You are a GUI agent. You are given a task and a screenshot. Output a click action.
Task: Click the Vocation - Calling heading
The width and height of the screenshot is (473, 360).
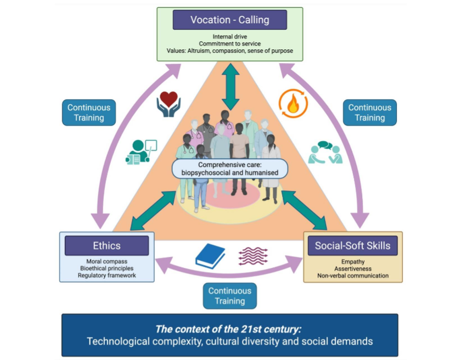[229, 20]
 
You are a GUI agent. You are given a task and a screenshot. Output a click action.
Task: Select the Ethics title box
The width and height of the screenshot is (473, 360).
[106, 246]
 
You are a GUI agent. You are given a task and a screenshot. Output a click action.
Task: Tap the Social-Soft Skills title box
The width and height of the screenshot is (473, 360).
[352, 245]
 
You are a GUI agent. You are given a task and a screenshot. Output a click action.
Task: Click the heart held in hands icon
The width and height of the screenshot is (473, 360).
[168, 104]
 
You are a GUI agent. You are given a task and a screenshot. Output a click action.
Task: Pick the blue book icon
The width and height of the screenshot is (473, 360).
[210, 256]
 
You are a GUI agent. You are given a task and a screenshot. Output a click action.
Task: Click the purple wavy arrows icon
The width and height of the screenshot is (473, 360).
[253, 256]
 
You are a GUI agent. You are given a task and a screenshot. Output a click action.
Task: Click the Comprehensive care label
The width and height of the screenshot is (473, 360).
[230, 168]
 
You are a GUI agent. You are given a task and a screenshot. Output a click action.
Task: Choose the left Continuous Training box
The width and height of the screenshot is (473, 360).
[89, 113]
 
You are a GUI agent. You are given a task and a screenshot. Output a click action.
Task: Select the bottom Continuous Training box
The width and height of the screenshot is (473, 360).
[229, 296]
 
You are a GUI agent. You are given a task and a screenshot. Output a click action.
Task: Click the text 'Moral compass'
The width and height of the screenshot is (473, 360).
[106, 261]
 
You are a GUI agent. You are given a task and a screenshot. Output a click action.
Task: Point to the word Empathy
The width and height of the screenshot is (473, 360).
[352, 262]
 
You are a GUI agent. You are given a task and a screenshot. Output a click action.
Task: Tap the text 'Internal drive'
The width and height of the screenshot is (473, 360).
[229, 36]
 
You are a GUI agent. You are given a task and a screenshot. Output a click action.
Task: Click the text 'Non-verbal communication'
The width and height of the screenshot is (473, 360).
[352, 275]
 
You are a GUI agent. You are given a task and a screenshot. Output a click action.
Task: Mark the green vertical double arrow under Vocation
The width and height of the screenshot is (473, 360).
[230, 87]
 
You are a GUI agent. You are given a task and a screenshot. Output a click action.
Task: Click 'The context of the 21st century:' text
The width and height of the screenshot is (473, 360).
[229, 329]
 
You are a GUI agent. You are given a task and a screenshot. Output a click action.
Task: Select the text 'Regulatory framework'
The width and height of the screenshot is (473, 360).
[106, 275]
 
